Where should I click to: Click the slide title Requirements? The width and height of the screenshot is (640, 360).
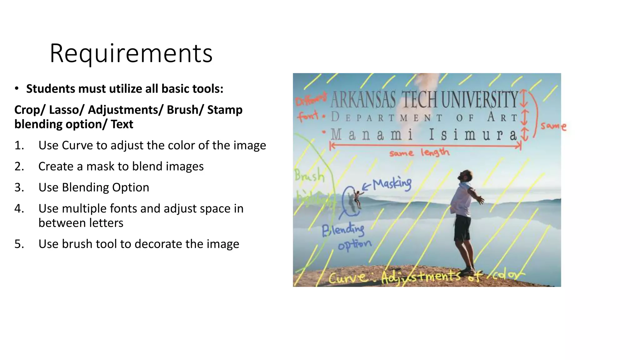point(131,54)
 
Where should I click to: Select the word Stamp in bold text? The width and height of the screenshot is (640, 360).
point(225,110)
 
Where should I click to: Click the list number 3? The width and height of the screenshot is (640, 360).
point(19,187)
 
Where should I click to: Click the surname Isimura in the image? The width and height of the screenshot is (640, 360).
point(473,135)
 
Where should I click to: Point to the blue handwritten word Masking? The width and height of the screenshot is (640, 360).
point(392,184)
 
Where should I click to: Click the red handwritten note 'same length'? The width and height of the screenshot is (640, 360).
point(419,153)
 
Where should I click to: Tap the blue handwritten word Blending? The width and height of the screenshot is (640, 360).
point(343,230)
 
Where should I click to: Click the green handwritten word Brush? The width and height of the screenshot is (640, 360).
point(310,176)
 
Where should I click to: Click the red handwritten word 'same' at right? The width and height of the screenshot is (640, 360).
point(553,126)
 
